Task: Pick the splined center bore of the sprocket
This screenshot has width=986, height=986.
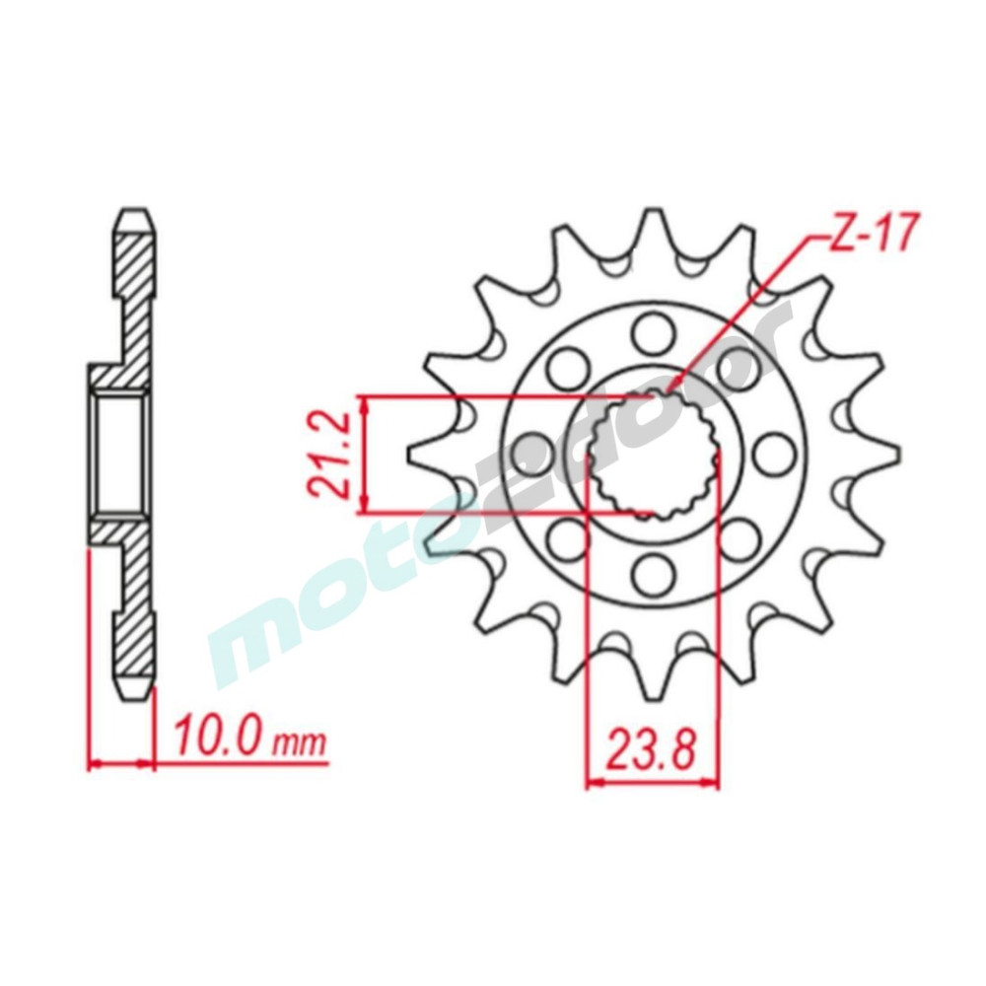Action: pos(654,455)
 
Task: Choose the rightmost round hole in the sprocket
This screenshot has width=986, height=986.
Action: pos(773,453)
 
